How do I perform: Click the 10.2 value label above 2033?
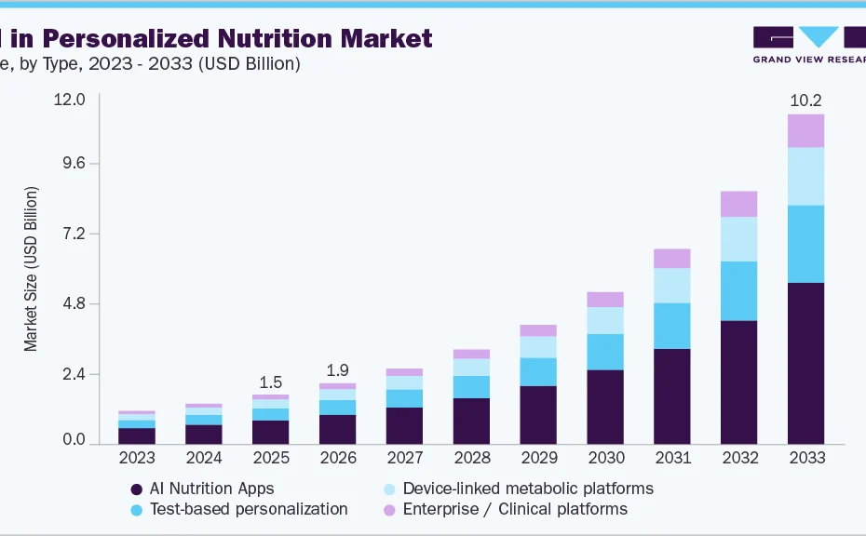pyautogui.click(x=805, y=100)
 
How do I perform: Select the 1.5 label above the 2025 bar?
pyautogui.click(x=270, y=382)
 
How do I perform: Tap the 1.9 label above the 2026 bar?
pyautogui.click(x=337, y=370)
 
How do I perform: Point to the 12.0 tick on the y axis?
pyautogui.click(x=71, y=100)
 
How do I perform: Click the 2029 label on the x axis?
pyautogui.click(x=537, y=458)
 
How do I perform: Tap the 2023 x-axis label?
pyautogui.click(x=137, y=458)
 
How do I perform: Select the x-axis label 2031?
pyautogui.click(x=671, y=458)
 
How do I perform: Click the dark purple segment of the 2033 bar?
pyautogui.click(x=805, y=363)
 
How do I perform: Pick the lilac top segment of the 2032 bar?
pyautogui.click(x=738, y=204)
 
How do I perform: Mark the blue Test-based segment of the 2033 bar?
pyautogui.click(x=805, y=244)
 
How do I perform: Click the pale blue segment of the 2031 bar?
pyautogui.click(x=671, y=286)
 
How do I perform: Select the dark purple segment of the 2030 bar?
pyautogui.click(x=604, y=407)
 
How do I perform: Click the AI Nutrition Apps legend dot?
pyautogui.click(x=137, y=489)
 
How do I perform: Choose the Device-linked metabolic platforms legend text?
pyautogui.click(x=528, y=489)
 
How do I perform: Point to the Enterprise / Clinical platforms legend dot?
pyautogui.click(x=390, y=509)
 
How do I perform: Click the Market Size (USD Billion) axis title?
pyautogui.click(x=32, y=268)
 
